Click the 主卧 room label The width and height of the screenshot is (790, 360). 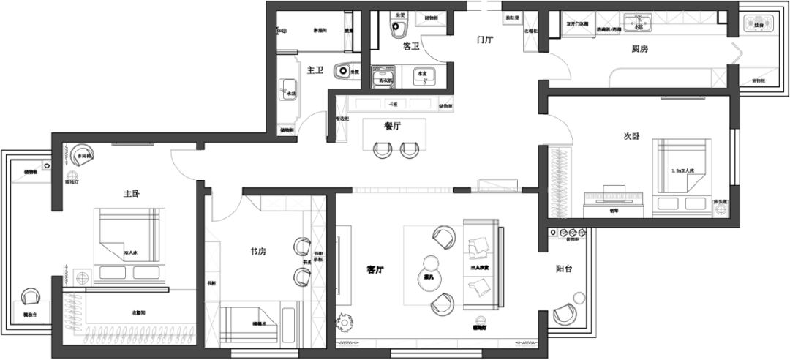132,194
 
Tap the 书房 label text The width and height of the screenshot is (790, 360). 257,252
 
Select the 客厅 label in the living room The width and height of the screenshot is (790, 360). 376,269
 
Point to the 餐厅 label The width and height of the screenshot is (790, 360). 394,126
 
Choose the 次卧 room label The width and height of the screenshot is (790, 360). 631,136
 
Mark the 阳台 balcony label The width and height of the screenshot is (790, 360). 563,269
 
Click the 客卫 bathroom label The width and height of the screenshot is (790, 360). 411,46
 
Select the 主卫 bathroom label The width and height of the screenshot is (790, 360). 315,70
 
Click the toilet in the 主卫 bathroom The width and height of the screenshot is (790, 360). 343,72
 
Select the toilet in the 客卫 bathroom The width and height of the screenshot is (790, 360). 399,29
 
